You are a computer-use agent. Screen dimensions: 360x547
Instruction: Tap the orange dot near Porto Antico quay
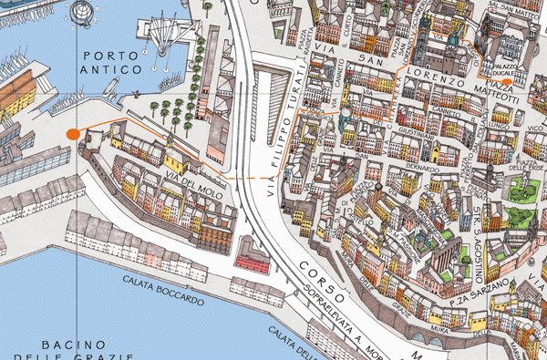coord(73,135)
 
